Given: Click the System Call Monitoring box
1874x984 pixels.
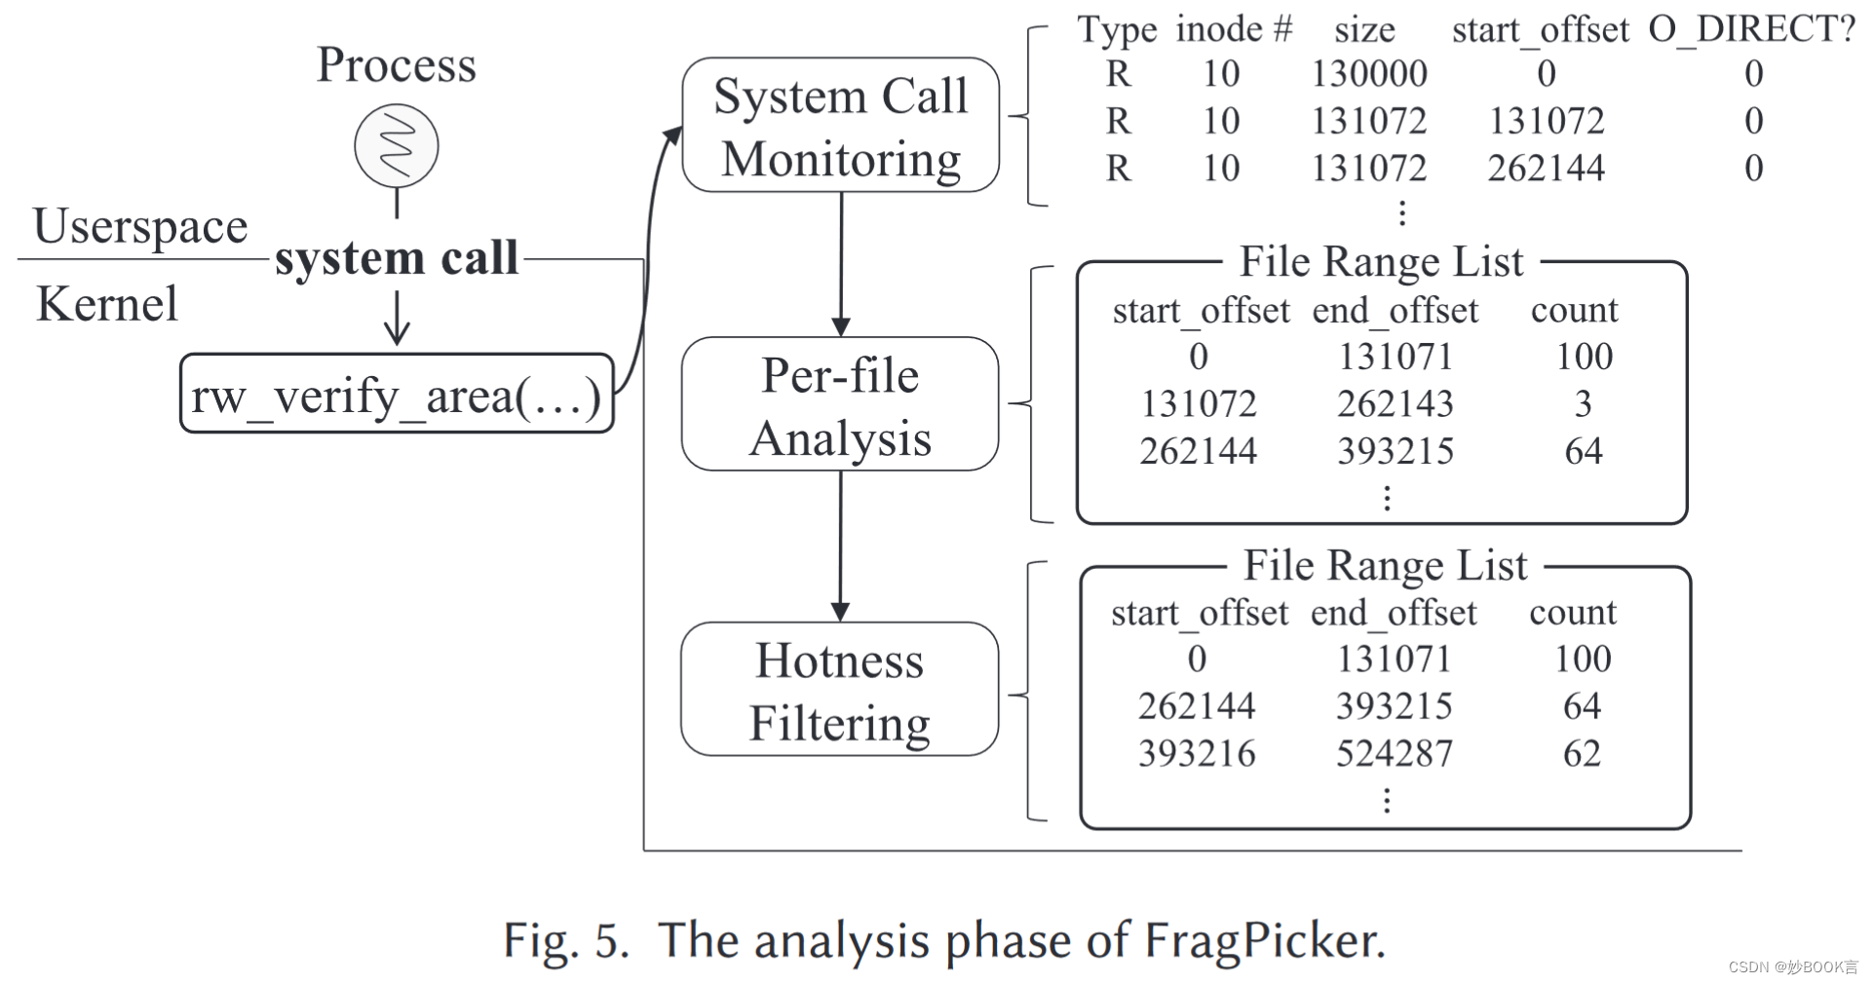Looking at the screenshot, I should tap(840, 126).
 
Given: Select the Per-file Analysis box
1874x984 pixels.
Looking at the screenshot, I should tap(840, 404).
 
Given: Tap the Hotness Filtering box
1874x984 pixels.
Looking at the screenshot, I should tap(840, 690).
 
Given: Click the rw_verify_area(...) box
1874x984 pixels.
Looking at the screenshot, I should tap(397, 395).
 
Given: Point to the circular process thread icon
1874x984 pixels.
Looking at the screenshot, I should tap(396, 146).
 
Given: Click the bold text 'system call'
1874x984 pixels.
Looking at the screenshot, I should tap(396, 258).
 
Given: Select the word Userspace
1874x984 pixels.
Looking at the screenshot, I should tap(140, 226).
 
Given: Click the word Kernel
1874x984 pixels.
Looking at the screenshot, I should tap(107, 303).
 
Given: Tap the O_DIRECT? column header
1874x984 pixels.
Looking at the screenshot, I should tap(1751, 29).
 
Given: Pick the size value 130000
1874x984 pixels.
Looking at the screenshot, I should tap(1368, 74).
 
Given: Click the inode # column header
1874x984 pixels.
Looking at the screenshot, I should tap(1233, 29).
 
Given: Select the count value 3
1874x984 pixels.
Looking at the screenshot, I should tap(1583, 403).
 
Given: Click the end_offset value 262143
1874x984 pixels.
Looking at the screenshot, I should tap(1395, 403).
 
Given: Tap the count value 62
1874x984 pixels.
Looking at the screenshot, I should tap(1582, 753).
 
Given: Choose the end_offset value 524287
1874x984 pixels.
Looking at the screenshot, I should tap(1394, 753).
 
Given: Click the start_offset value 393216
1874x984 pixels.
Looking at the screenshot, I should tap(1197, 753).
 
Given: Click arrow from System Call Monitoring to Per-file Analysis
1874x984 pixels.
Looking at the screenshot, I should tap(841, 263).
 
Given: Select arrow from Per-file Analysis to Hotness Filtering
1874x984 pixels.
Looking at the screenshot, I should tap(840, 546).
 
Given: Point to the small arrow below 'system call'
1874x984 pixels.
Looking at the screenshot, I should tap(396, 319).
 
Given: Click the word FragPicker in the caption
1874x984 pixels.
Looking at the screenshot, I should tap(1263, 940).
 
